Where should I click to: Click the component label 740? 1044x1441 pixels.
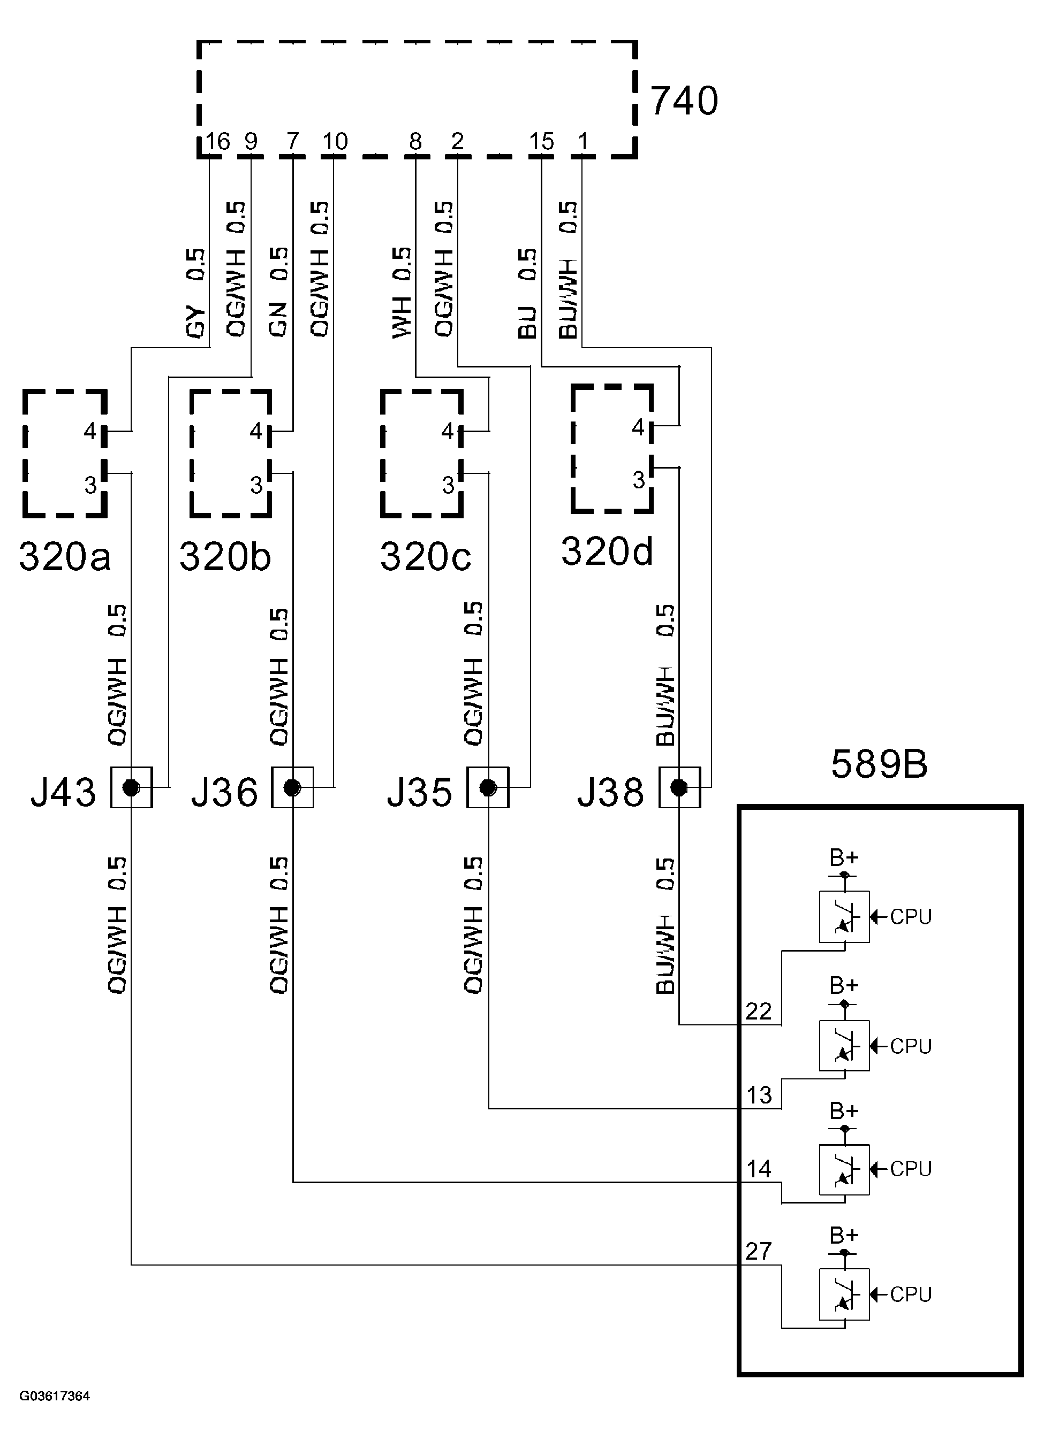[684, 102]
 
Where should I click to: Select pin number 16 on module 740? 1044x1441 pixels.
[217, 141]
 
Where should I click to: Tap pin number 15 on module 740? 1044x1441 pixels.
[541, 141]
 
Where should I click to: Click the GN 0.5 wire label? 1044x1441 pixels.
[278, 292]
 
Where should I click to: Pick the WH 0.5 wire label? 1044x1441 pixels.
[402, 292]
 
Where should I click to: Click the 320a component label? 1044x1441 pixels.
[65, 557]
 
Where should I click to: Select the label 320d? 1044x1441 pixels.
[607, 551]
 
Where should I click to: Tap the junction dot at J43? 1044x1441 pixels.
[131, 788]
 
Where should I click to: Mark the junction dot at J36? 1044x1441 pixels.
[292, 788]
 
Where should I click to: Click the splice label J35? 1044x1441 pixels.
[420, 792]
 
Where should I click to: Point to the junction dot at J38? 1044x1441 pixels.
[679, 788]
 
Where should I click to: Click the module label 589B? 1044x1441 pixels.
[879, 764]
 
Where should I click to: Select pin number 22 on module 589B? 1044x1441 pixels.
[758, 1011]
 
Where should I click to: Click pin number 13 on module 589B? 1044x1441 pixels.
[759, 1095]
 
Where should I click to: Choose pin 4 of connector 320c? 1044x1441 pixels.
[448, 432]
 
